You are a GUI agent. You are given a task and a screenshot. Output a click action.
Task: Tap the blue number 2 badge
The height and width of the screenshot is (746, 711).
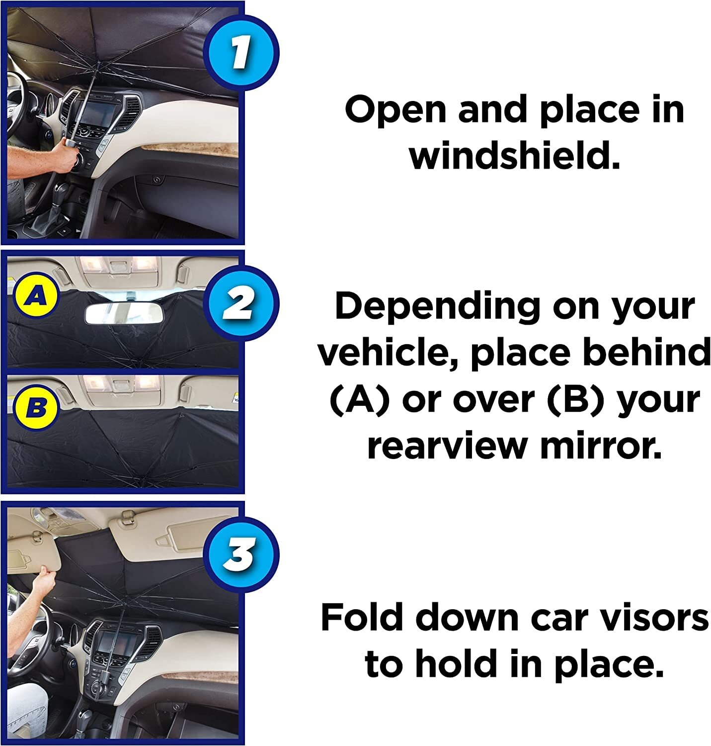pyautogui.click(x=241, y=303)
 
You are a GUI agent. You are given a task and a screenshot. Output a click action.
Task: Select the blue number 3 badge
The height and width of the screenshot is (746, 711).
pyautogui.click(x=241, y=555)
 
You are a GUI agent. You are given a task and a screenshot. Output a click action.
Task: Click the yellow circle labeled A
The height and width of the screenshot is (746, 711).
pyautogui.click(x=36, y=296)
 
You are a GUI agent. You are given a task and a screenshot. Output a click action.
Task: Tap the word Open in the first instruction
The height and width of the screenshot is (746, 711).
pyautogui.click(x=395, y=110)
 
